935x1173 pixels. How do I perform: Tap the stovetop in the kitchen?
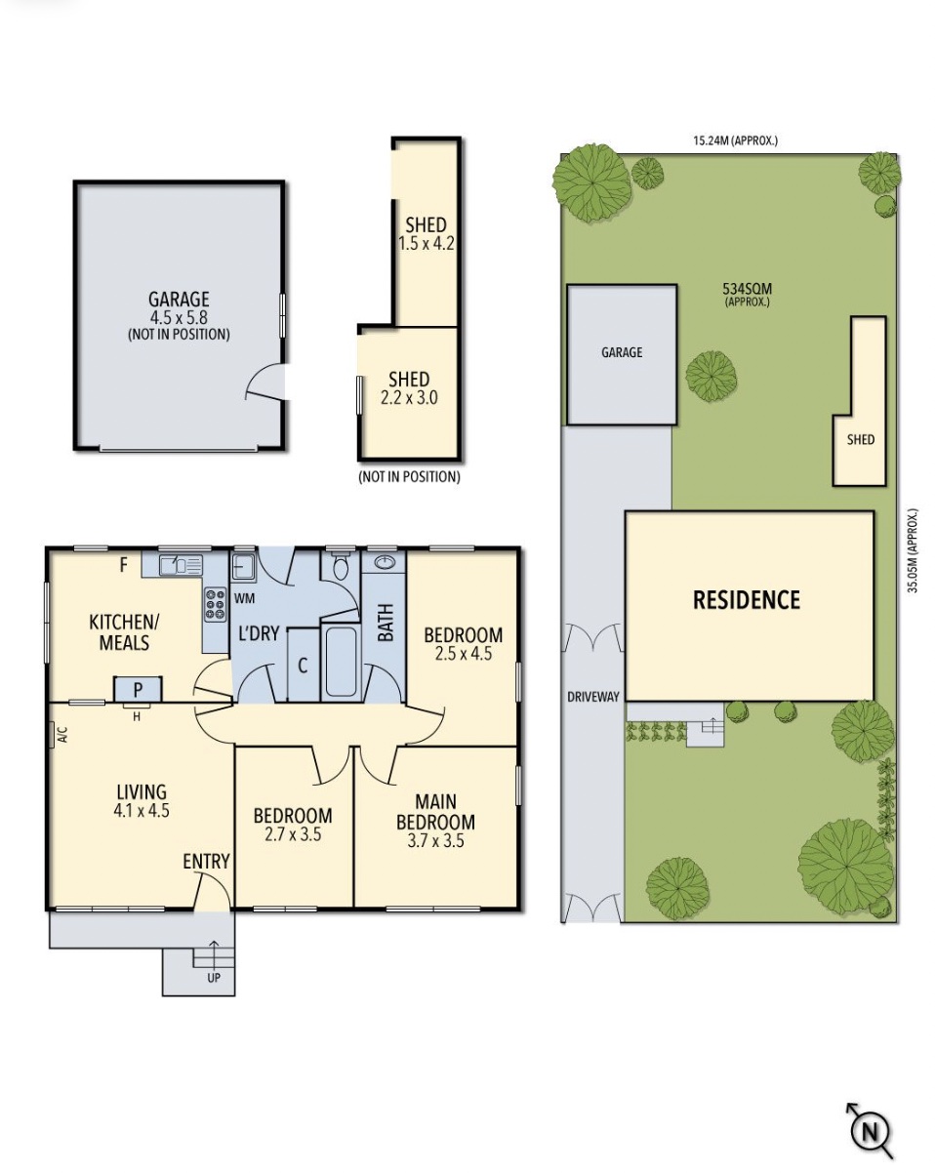[216, 604]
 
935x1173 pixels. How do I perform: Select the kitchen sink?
[181, 565]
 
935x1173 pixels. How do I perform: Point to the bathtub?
[341, 662]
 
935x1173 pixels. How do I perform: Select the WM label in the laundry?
[244, 598]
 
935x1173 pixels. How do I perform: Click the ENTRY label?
[206, 862]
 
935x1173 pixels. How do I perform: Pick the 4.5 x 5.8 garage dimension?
[179, 317]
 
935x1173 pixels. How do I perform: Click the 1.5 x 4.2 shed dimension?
[426, 243]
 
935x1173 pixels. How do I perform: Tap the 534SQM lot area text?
[747, 288]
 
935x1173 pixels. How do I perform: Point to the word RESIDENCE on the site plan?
[747, 599]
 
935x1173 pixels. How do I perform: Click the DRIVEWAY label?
[593, 697]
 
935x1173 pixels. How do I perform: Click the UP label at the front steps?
[214, 978]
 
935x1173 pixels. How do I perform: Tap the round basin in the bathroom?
[385, 561]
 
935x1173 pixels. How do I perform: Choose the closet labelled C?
[303, 665]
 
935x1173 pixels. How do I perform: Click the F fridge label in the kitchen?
[124, 565]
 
